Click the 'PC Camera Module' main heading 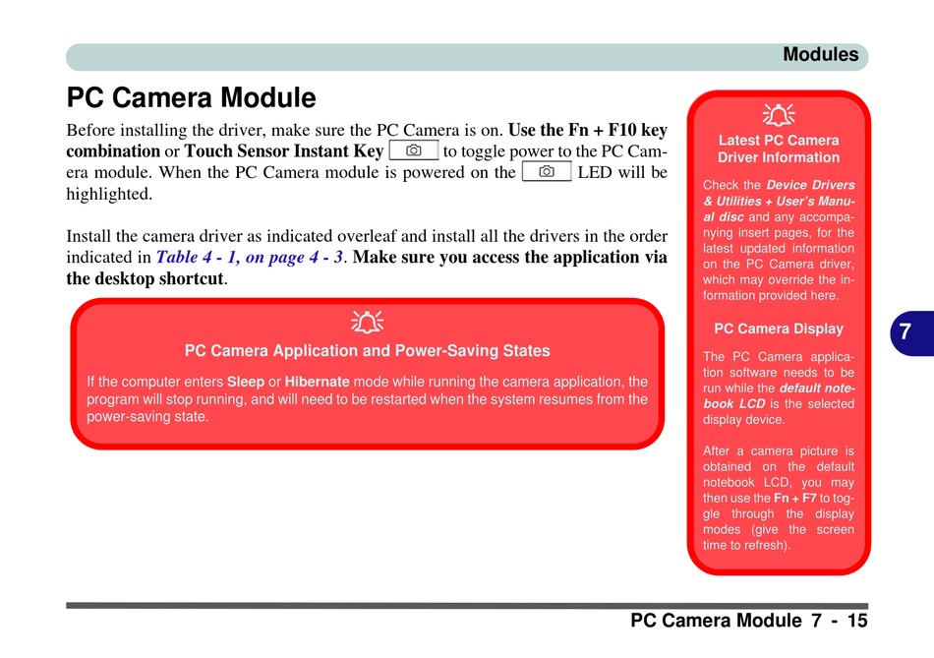191,98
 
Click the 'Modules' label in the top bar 820,55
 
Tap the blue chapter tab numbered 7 905,332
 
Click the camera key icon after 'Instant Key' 413,150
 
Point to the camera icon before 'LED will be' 547,172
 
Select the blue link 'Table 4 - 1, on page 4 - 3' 251,257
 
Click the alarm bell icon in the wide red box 367,322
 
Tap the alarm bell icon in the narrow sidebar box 778,116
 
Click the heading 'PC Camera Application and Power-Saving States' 367,351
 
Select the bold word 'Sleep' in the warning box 246,382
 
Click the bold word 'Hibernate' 317,382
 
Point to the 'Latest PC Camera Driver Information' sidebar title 778,149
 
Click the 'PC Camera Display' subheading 778,329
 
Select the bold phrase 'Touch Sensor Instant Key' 283,151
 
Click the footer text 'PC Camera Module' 716,621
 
